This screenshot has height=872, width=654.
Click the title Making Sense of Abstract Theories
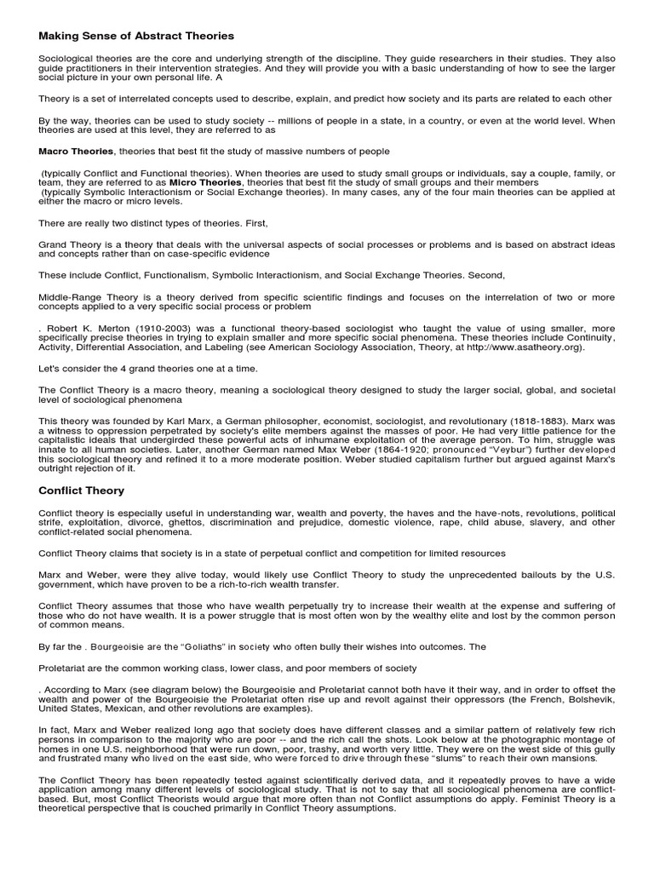click(x=136, y=36)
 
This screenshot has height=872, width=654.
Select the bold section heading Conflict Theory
click(x=82, y=490)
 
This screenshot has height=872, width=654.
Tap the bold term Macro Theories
click(x=76, y=151)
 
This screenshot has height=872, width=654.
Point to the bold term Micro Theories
click(x=205, y=181)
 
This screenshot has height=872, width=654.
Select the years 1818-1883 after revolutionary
click(x=517, y=421)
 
